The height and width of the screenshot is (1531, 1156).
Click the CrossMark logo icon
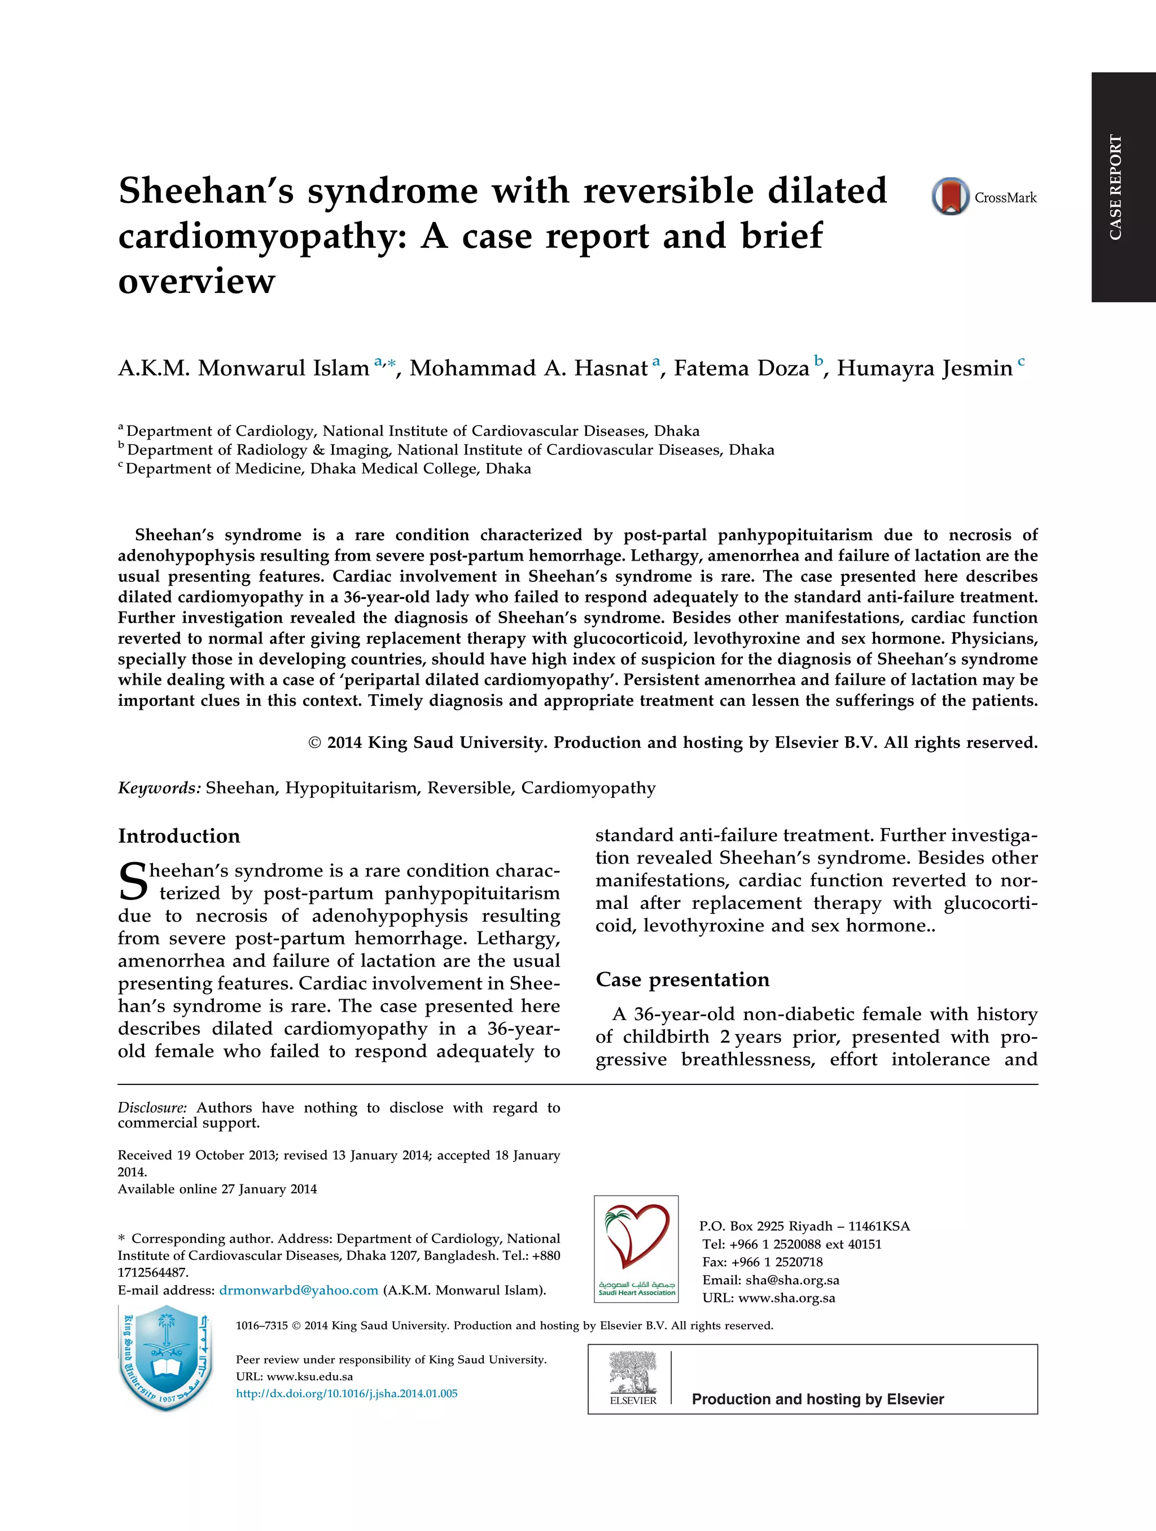tap(950, 196)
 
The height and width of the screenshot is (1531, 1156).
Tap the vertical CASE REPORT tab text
tap(1115, 187)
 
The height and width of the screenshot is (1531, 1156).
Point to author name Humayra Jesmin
tap(924, 368)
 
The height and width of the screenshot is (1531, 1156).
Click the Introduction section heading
tap(178, 836)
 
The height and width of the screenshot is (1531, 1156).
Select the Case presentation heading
tap(682, 979)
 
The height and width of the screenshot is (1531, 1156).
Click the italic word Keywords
tap(159, 788)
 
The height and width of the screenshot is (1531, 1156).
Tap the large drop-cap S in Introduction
tap(132, 882)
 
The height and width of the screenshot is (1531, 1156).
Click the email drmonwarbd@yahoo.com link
tap(299, 1290)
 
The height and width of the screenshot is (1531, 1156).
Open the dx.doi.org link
tap(346, 1393)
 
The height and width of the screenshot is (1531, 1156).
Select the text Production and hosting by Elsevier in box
tap(817, 1399)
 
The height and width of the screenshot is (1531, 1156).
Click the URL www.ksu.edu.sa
tap(309, 1377)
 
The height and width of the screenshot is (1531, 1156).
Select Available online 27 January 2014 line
tap(217, 1189)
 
